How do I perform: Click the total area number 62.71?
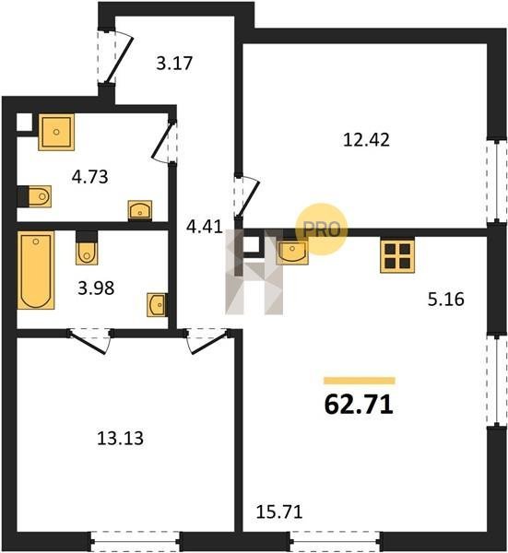click(x=359, y=405)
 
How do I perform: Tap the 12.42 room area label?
click(x=366, y=140)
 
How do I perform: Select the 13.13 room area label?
click(x=120, y=439)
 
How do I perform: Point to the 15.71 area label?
click(x=279, y=512)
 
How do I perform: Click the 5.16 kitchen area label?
click(x=446, y=300)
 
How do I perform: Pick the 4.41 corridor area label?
click(x=205, y=227)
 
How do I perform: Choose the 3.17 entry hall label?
click(x=174, y=64)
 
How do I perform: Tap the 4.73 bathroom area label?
click(x=90, y=177)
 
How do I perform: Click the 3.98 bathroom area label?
click(x=96, y=288)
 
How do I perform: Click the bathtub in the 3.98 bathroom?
click(x=36, y=270)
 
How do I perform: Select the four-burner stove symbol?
click(x=397, y=255)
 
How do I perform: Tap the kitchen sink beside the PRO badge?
click(x=292, y=251)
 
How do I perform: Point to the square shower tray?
click(x=56, y=132)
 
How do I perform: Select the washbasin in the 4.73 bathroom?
click(x=140, y=210)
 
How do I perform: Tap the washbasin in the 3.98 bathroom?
click(x=158, y=305)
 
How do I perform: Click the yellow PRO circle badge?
click(x=321, y=229)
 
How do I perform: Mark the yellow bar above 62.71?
click(x=360, y=381)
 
